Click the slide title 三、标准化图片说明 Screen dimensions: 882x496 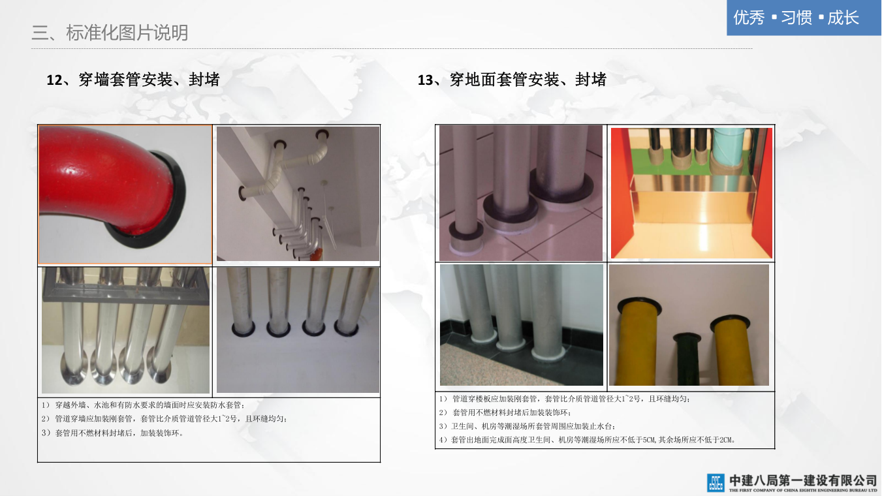(x=110, y=33)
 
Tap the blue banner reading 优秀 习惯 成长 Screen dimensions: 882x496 (x=804, y=18)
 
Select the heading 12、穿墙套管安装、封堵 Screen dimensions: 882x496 (x=133, y=80)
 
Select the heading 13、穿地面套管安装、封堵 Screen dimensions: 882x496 (x=512, y=80)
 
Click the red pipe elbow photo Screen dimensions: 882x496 (x=125, y=194)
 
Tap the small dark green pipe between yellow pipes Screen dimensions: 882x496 (x=687, y=358)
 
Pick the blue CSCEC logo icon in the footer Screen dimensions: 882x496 (x=716, y=482)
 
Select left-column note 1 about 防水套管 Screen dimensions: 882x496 (x=144, y=405)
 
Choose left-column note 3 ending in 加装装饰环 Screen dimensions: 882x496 (x=112, y=433)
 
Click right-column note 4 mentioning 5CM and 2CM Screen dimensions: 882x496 (x=588, y=440)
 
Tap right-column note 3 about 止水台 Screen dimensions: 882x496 (x=528, y=426)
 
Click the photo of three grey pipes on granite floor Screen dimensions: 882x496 (x=522, y=325)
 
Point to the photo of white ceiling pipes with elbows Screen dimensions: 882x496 (x=298, y=193)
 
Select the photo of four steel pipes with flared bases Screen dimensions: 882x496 (x=125, y=330)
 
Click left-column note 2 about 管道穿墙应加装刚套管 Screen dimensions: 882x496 (x=165, y=419)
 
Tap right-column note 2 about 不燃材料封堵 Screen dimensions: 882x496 (x=505, y=412)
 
